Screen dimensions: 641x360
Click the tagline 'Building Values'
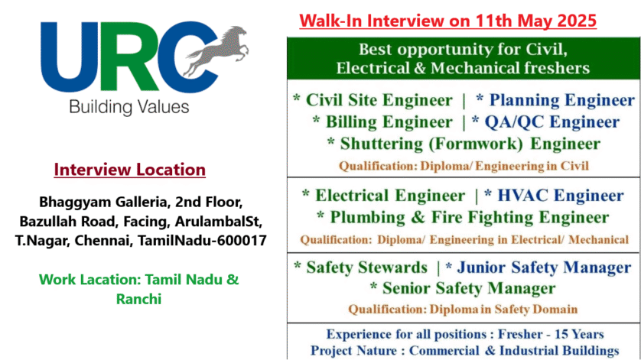[129, 108]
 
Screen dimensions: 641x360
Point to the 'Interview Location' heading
[129, 170]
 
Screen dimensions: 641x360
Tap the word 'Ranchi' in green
[138, 299]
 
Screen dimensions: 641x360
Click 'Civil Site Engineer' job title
[379, 101]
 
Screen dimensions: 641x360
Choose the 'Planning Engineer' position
[561, 101]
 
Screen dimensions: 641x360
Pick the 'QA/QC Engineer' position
[552, 122]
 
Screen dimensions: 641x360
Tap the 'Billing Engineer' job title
[389, 122]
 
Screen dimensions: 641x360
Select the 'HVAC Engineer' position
[561, 196]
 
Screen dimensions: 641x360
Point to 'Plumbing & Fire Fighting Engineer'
[470, 217]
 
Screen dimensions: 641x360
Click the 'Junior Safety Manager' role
[544, 268]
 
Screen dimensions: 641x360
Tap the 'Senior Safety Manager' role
[469, 288]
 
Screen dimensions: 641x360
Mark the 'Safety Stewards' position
[366, 268]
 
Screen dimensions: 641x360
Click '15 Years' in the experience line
[579, 334]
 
